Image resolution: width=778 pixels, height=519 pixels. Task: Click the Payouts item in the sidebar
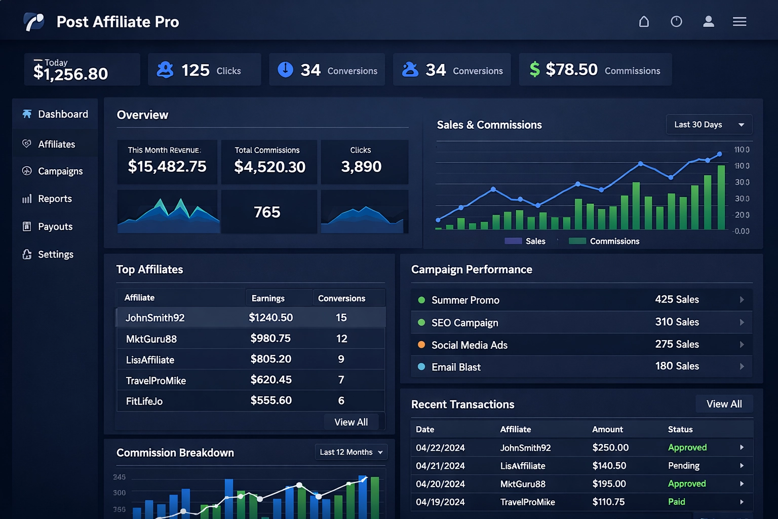point(55,227)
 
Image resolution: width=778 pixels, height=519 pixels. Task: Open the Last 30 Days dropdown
point(709,125)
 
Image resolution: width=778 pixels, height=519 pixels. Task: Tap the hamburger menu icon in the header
point(739,22)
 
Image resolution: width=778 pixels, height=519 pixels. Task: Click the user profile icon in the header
point(708,22)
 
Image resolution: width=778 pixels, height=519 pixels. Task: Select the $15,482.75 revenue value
point(167,166)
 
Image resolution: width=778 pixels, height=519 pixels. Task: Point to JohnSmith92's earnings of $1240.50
point(270,318)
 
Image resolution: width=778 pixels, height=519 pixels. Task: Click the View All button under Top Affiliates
point(351,422)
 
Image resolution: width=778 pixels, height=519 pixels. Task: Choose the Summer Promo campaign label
point(465,300)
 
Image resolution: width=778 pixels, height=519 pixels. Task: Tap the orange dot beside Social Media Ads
point(421,345)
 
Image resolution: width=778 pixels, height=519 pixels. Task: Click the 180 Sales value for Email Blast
point(677,366)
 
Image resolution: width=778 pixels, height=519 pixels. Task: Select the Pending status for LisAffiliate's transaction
point(683,466)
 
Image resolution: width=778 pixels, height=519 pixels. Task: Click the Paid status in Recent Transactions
point(676,502)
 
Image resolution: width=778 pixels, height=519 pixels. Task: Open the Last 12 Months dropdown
point(351,452)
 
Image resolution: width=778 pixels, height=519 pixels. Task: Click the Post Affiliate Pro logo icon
point(34,22)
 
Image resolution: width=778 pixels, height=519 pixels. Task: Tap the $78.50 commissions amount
point(571,69)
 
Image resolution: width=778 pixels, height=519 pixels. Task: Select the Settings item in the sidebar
point(55,254)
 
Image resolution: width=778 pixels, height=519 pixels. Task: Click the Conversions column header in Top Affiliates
point(341,299)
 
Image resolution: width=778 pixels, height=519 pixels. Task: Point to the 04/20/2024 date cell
point(440,484)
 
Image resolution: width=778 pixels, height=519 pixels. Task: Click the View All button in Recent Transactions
point(724,404)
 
